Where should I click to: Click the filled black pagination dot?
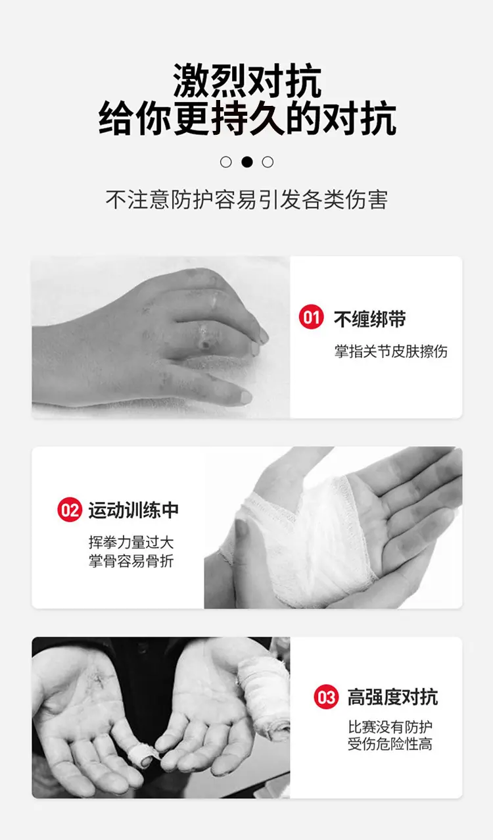tap(247, 162)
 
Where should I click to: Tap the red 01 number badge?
tap(312, 317)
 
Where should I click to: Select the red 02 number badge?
tap(70, 510)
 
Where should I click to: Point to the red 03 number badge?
tap(326, 697)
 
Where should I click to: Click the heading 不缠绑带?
tap(369, 319)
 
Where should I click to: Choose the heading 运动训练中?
tap(133, 510)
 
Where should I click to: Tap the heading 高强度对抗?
tap(392, 697)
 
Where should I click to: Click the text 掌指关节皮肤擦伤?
tap(390, 351)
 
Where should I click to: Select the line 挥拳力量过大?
tap(131, 542)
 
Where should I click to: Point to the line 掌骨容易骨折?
tap(131, 561)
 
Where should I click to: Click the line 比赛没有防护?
tap(390, 727)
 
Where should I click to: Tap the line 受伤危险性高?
tap(390, 744)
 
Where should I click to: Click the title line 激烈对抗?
tap(247, 81)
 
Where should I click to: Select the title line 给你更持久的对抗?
tap(247, 118)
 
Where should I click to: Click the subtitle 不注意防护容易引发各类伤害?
tap(246, 199)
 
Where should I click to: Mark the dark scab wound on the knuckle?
tap(206, 343)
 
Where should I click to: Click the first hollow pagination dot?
tap(225, 162)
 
